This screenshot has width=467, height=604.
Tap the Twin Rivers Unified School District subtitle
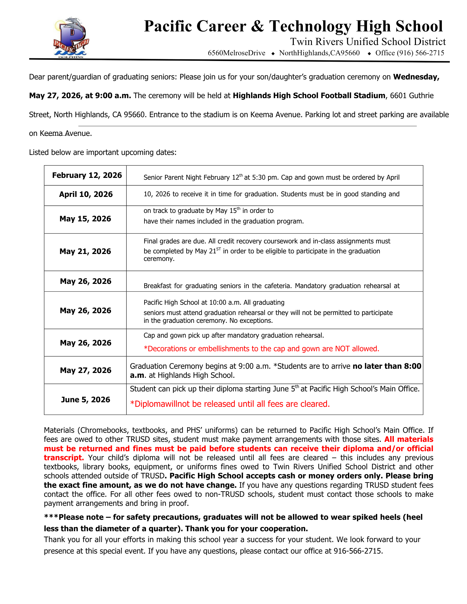368,42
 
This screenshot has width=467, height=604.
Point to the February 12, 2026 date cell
87,175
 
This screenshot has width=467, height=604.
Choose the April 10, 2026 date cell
86,194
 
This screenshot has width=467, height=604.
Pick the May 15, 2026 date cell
85,219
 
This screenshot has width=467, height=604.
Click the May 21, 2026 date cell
85,252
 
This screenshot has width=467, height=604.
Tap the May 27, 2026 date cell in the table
86,371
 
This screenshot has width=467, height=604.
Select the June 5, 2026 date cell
86,400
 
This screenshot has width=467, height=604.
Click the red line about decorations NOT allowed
261,349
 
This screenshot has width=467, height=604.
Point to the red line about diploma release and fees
230,404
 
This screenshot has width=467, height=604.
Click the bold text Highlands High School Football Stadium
309,96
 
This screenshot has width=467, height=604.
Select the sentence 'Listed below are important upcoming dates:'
103,153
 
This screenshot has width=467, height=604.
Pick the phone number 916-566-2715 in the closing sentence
358,551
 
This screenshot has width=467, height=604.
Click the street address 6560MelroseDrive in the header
236,53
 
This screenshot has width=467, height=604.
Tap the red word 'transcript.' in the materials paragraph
64,458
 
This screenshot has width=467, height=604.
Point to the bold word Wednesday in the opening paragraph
416,77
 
